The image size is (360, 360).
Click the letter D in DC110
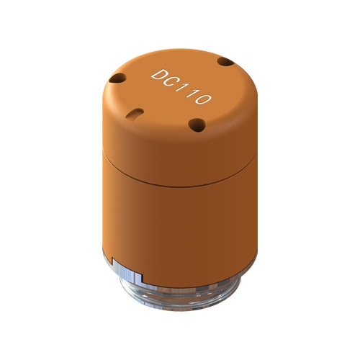coord(159,75)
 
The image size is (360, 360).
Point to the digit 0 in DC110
coord(203,98)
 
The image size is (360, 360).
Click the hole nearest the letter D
coord(117,78)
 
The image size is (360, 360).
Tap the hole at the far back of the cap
coord(225,62)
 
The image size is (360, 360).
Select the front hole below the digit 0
coord(197,125)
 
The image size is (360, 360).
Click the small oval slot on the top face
coord(135,113)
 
